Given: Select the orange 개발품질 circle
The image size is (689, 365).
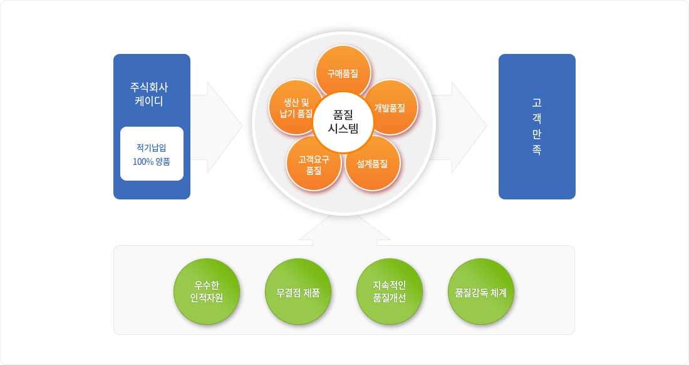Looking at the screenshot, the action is click(390, 107).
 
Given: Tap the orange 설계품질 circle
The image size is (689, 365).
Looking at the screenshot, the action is click(373, 163).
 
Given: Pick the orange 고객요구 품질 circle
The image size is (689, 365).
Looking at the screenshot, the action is click(314, 163).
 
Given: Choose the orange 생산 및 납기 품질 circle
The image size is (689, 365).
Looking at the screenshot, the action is click(296, 107).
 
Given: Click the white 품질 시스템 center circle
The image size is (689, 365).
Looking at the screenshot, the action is click(343, 122).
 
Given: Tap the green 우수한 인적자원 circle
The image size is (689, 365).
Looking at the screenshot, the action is click(207, 292).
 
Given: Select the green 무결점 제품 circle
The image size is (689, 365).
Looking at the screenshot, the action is click(298, 292).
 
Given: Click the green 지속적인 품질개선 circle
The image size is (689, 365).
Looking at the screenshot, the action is click(390, 292).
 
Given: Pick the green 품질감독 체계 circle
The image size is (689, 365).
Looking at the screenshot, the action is click(480, 292).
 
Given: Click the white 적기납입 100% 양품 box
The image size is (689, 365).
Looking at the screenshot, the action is click(152, 154).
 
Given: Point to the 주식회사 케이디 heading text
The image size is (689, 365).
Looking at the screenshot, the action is click(149, 94).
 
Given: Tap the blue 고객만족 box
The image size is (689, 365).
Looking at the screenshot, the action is click(537, 127).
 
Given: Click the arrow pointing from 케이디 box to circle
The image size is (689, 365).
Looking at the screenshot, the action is click(217, 127).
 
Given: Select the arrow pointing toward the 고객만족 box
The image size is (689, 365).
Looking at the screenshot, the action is click(459, 127).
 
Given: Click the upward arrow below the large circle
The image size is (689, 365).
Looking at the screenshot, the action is click(344, 229).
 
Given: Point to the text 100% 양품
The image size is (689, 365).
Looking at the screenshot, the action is click(151, 162).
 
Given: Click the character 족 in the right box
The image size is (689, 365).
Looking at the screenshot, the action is click(537, 150).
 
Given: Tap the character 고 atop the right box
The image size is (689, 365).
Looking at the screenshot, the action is click(537, 103).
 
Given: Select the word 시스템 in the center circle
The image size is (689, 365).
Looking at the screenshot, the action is click(343, 129).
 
